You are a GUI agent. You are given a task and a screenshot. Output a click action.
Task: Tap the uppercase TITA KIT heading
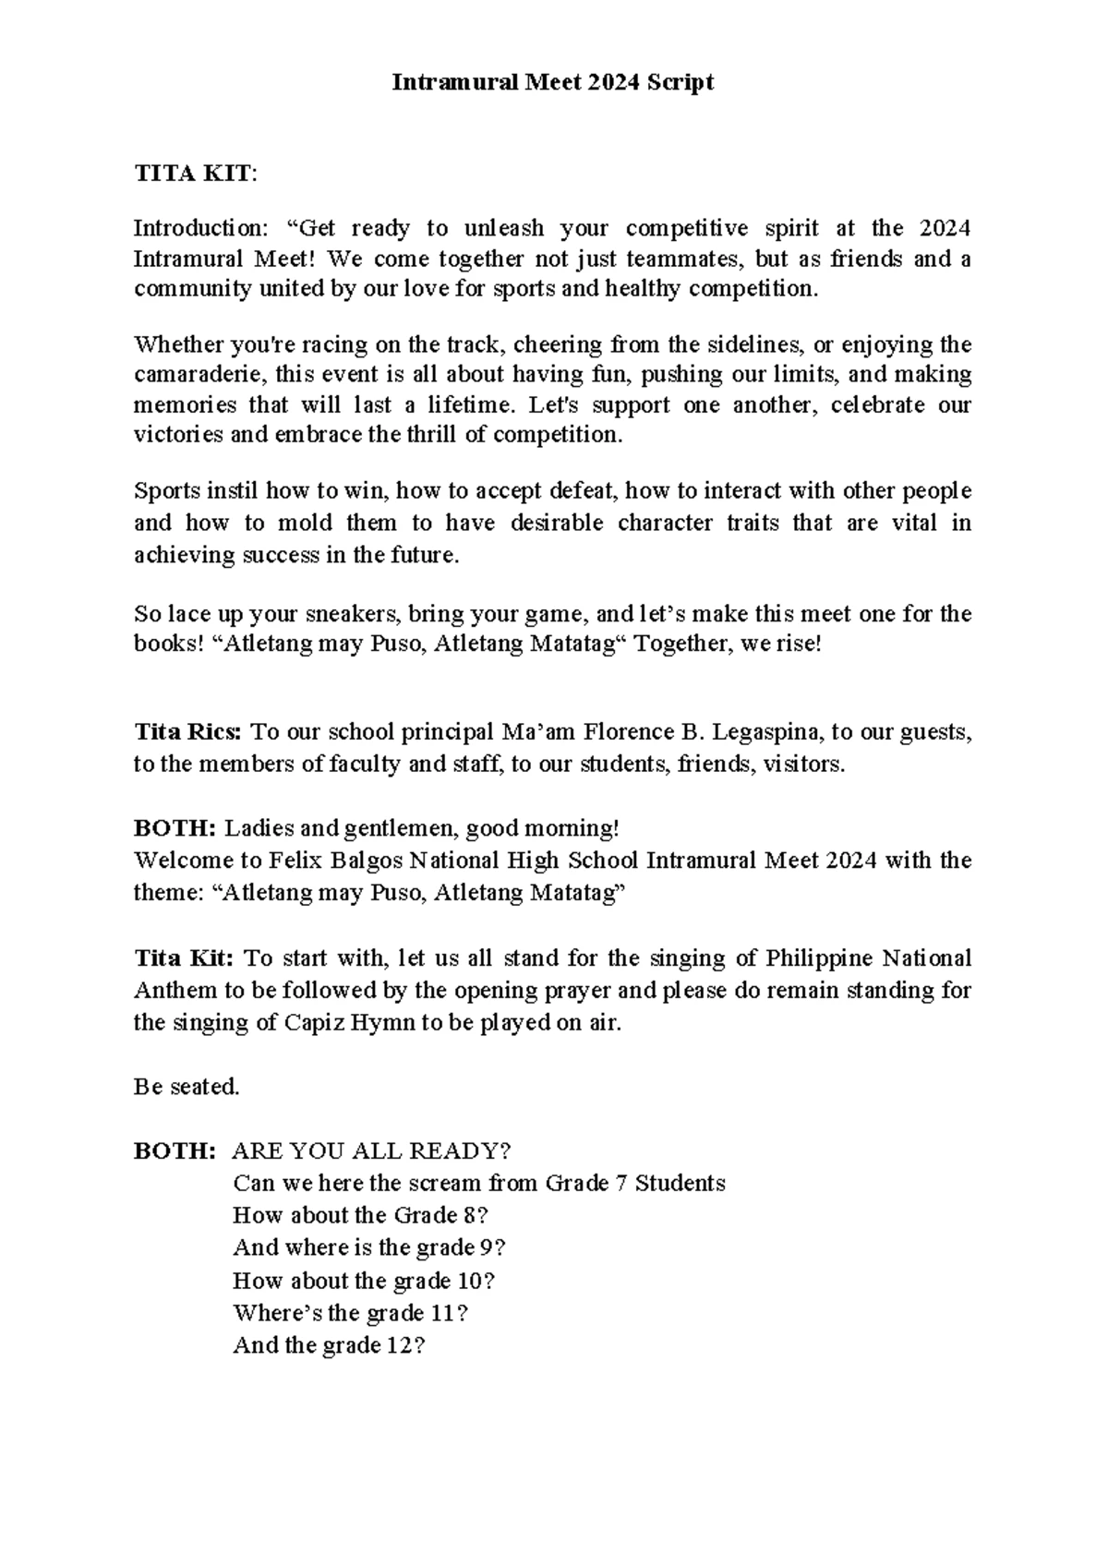click(192, 174)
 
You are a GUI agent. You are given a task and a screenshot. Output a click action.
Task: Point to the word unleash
click(504, 228)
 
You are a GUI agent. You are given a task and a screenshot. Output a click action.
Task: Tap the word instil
click(220, 490)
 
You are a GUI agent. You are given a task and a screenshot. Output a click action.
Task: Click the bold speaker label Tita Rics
click(188, 733)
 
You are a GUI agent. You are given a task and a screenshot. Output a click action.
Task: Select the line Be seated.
click(187, 1088)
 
